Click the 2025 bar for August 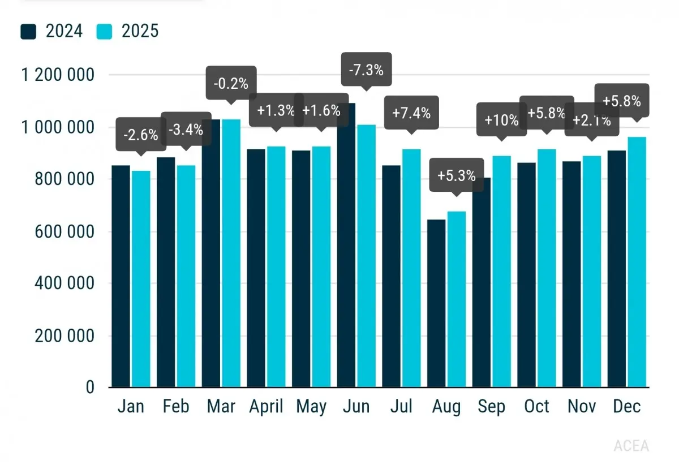click(x=457, y=300)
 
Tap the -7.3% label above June click(x=366, y=70)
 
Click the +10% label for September click(x=501, y=120)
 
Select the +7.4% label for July click(x=411, y=113)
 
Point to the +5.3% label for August click(x=456, y=175)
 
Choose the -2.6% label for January click(x=140, y=135)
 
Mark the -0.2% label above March click(x=231, y=84)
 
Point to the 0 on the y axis click(x=90, y=387)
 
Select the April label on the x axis click(x=266, y=406)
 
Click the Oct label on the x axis click(x=536, y=406)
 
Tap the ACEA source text click(x=631, y=446)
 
